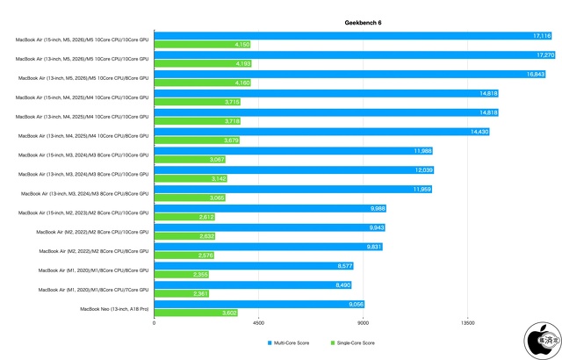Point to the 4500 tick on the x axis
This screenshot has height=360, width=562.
click(259, 323)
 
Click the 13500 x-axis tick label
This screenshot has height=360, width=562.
click(468, 323)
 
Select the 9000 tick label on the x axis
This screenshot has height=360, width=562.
click(364, 323)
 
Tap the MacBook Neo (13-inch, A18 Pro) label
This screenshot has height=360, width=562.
click(114, 309)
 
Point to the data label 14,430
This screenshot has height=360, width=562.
click(479, 132)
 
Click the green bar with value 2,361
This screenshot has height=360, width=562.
click(182, 294)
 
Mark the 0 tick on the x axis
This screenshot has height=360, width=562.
click(155, 323)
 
